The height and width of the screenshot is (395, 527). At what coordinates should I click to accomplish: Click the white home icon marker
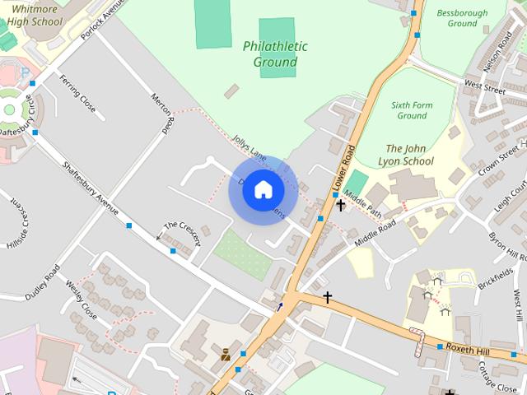coord(263,190)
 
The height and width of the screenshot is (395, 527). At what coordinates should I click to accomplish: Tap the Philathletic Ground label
coord(275,54)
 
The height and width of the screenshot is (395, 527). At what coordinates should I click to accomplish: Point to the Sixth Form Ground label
coord(412,110)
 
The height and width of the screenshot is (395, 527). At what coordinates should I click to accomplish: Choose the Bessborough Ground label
coord(462,18)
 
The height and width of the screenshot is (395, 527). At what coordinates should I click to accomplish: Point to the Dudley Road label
coord(42,281)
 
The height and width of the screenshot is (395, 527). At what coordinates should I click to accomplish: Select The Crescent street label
coord(182,232)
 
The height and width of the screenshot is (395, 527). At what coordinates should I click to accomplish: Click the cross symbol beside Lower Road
coord(340,205)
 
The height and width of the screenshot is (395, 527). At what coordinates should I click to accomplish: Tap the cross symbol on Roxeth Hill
coord(327,297)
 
